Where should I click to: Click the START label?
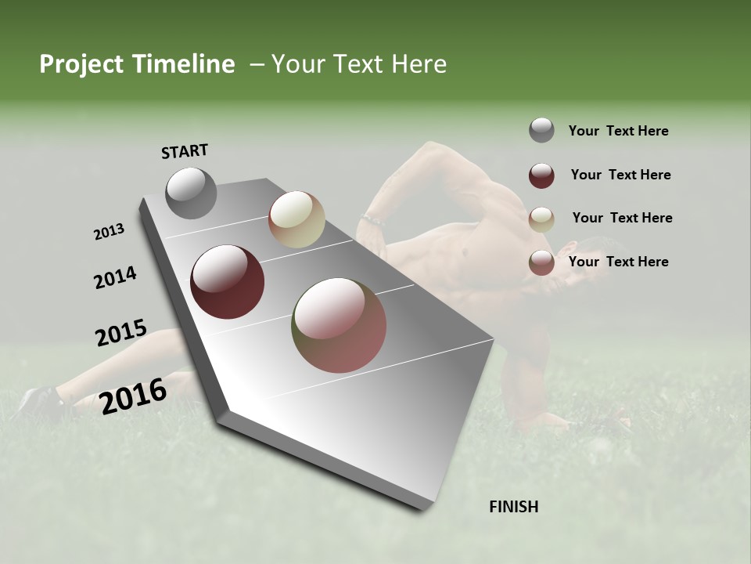coord(185,151)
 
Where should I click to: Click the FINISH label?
coord(514,507)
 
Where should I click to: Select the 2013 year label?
coord(110,232)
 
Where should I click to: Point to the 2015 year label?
coord(121,333)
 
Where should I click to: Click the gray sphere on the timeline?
coord(191,193)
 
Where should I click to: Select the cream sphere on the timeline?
coord(296,219)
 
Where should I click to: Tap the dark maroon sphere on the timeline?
coord(228,282)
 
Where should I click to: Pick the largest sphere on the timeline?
coord(339,325)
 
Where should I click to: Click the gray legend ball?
coord(541,130)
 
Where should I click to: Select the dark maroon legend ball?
coord(541,175)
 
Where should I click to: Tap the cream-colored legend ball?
coord(541,219)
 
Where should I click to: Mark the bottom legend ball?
coord(541,262)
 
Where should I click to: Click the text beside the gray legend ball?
coord(618,131)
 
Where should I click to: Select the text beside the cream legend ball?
coord(622,218)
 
